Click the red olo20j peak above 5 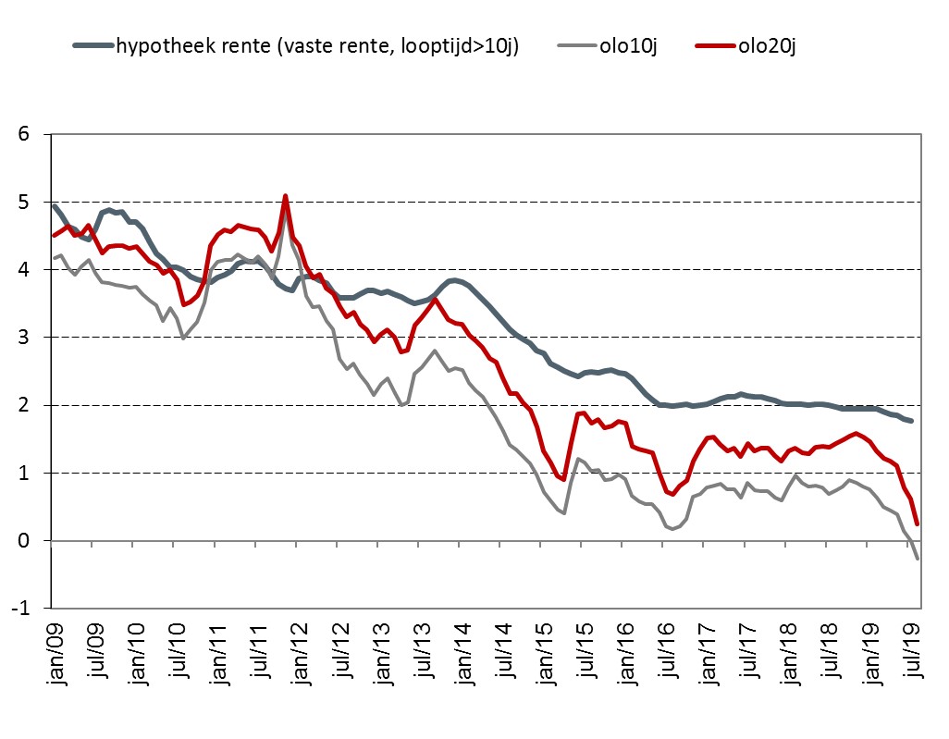point(285,196)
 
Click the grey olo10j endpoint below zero point(918,559)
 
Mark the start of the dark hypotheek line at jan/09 point(54,205)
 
